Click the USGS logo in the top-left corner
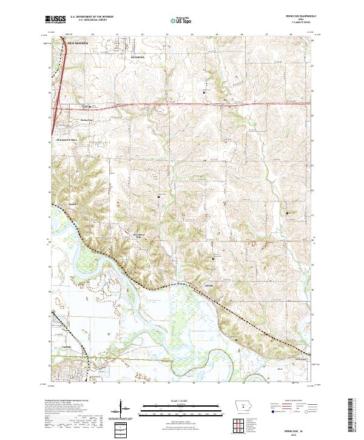click(54, 19)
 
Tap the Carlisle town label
click(67, 347)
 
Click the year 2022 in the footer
click(297, 433)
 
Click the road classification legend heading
click(288, 401)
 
